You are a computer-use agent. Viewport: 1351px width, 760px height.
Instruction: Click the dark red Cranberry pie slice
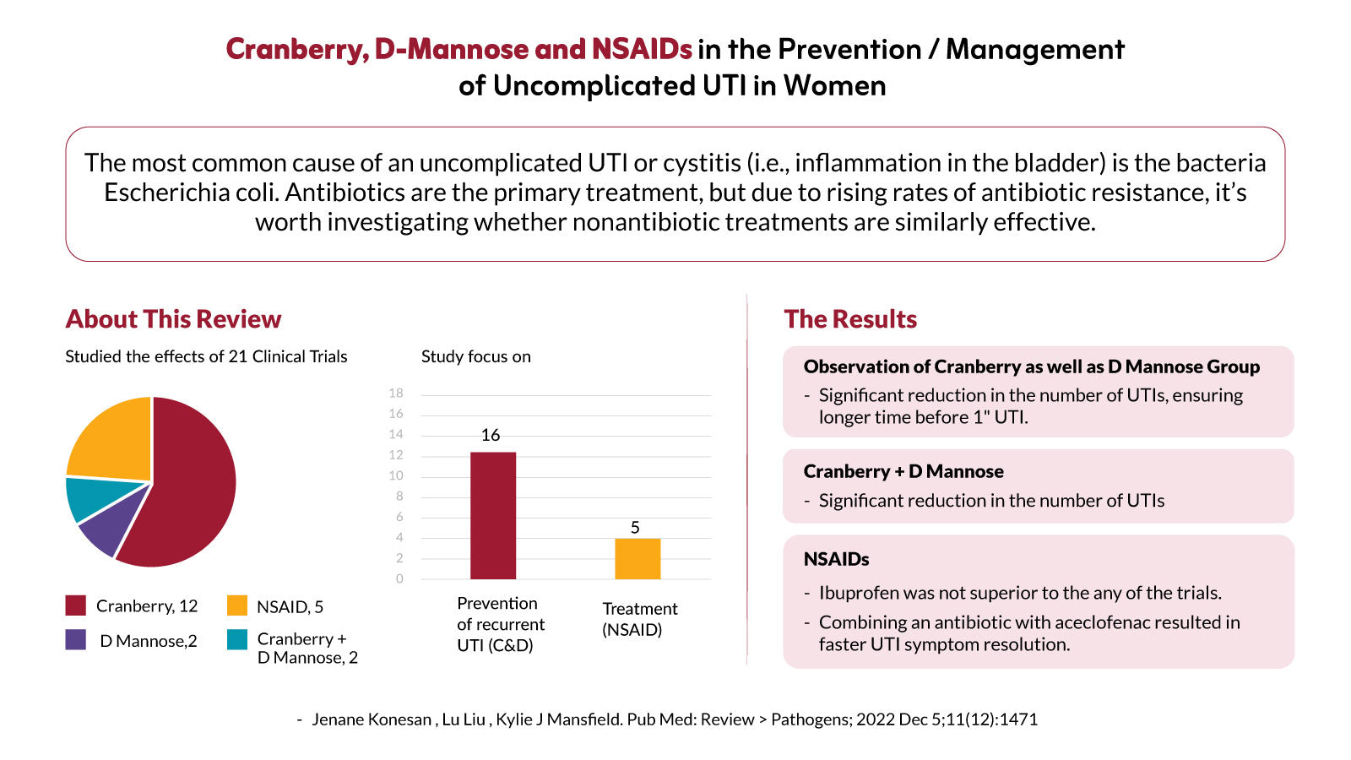pyautogui.click(x=187, y=489)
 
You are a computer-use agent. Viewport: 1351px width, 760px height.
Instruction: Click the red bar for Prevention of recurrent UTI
pyautogui.click(x=493, y=516)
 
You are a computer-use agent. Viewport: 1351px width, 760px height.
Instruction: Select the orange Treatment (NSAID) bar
pyautogui.click(x=638, y=558)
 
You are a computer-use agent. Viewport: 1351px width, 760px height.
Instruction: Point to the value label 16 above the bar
pyautogui.click(x=491, y=435)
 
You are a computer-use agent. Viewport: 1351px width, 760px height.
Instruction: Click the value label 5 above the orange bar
pyautogui.click(x=635, y=528)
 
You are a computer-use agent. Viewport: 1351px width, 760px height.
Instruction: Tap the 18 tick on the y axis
pyautogui.click(x=396, y=394)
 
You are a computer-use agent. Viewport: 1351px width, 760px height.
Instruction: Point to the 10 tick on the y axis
pyautogui.click(x=396, y=475)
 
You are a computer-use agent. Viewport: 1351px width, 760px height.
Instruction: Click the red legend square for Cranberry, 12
pyautogui.click(x=75, y=605)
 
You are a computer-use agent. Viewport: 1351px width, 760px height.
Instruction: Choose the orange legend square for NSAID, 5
pyautogui.click(x=237, y=605)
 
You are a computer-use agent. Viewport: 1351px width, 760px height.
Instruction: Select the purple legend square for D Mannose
pyautogui.click(x=75, y=639)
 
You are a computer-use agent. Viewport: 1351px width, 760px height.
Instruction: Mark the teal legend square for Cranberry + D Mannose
pyautogui.click(x=237, y=639)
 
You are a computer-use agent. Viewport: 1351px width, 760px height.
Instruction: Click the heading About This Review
pyautogui.click(x=173, y=319)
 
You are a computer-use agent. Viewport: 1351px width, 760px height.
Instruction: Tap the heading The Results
pyautogui.click(x=850, y=319)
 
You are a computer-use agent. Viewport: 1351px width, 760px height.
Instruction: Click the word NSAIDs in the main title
pyautogui.click(x=642, y=49)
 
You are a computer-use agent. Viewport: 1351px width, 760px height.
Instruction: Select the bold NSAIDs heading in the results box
pyautogui.click(x=836, y=559)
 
